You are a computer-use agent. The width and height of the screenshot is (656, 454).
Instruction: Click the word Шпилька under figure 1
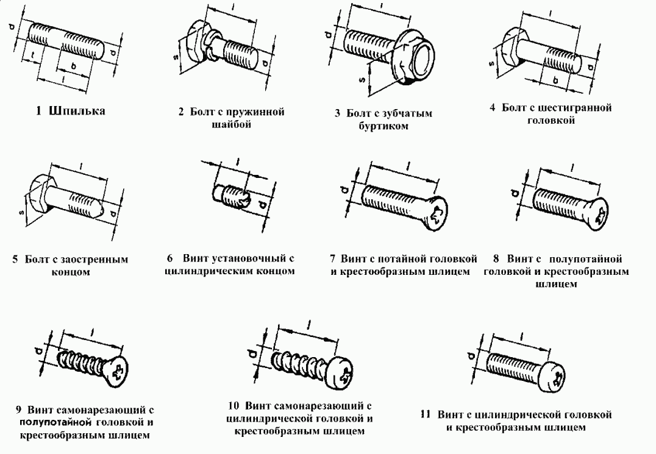pos(78,111)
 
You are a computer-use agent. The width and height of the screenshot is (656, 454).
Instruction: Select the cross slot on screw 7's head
pos(438,215)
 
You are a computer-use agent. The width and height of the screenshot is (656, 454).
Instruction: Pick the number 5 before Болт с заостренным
pos(15,260)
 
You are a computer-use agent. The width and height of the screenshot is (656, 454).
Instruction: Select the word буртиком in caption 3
pos(382,126)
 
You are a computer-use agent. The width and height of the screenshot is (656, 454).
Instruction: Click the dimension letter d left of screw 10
pos(251,353)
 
